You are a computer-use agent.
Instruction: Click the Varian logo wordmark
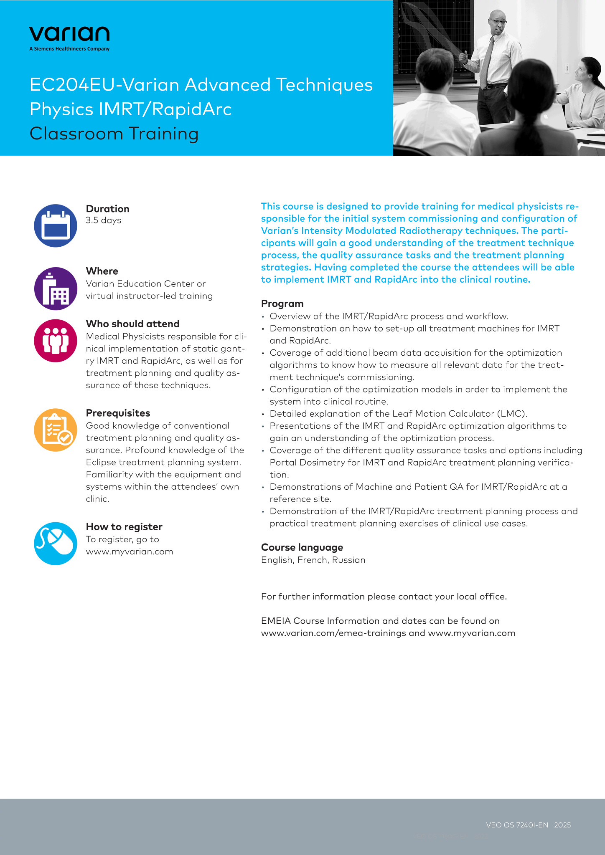(x=69, y=34)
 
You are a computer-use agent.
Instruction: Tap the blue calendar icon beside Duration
(x=56, y=225)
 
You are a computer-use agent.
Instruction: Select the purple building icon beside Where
(x=56, y=288)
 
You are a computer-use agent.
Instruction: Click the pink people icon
(x=56, y=341)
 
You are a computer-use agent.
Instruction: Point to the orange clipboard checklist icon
(x=56, y=430)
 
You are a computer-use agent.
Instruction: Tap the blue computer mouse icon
(x=56, y=544)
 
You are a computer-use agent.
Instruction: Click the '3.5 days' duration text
(x=104, y=220)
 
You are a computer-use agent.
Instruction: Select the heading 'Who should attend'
(x=132, y=324)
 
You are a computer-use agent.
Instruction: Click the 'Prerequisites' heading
(x=118, y=413)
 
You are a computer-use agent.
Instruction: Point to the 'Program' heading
(x=282, y=304)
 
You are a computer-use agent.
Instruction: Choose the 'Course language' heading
(x=302, y=547)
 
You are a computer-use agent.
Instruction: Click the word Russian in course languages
(x=349, y=560)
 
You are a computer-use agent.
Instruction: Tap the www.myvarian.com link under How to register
(x=130, y=551)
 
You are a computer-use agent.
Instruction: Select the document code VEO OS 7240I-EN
(x=517, y=825)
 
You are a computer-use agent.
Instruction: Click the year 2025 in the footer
(x=562, y=825)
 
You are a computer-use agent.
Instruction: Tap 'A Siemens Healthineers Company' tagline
(x=69, y=49)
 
